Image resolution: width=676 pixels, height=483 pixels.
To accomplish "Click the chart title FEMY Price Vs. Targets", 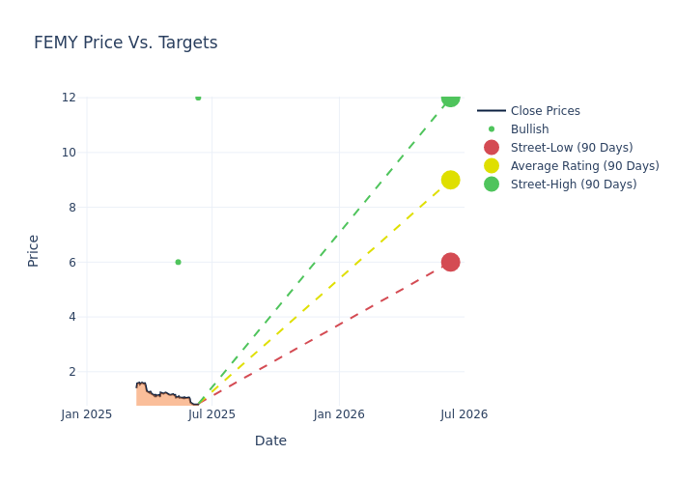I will [x=126, y=43].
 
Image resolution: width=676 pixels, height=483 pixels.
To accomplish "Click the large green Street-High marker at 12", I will [x=450, y=97].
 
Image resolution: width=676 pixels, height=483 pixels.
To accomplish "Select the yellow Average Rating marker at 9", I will [x=450, y=180].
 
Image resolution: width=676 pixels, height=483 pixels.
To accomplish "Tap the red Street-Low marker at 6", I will [x=450, y=262].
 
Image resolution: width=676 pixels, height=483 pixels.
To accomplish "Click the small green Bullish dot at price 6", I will [x=178, y=262].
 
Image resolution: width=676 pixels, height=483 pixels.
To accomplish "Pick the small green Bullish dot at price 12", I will [x=198, y=98].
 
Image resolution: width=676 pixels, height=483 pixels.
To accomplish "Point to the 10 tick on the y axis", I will [x=69, y=152].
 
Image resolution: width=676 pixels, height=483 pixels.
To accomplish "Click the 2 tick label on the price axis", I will [x=71, y=372].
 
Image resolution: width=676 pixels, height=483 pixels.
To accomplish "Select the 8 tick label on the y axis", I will [x=71, y=207].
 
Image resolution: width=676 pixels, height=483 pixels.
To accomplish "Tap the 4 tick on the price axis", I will [x=71, y=317].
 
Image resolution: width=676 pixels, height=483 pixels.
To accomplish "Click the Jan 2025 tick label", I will [x=87, y=414].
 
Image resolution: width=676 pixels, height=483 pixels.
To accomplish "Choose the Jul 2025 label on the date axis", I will [x=211, y=414].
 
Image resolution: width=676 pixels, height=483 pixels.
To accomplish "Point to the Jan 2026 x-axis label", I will [x=339, y=414].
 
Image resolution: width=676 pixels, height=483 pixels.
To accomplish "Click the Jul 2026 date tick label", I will [x=464, y=414].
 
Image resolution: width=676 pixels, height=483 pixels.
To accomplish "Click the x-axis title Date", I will [x=270, y=440].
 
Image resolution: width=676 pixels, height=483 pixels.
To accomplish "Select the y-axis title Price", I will [x=34, y=250].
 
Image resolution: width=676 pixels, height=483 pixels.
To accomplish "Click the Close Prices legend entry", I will [x=545, y=111].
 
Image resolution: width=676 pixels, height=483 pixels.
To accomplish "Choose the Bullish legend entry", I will [x=529, y=129].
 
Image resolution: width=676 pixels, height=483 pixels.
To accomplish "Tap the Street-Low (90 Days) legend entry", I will [x=572, y=148].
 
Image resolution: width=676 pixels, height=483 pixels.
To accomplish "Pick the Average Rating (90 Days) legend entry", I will [x=584, y=166].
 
